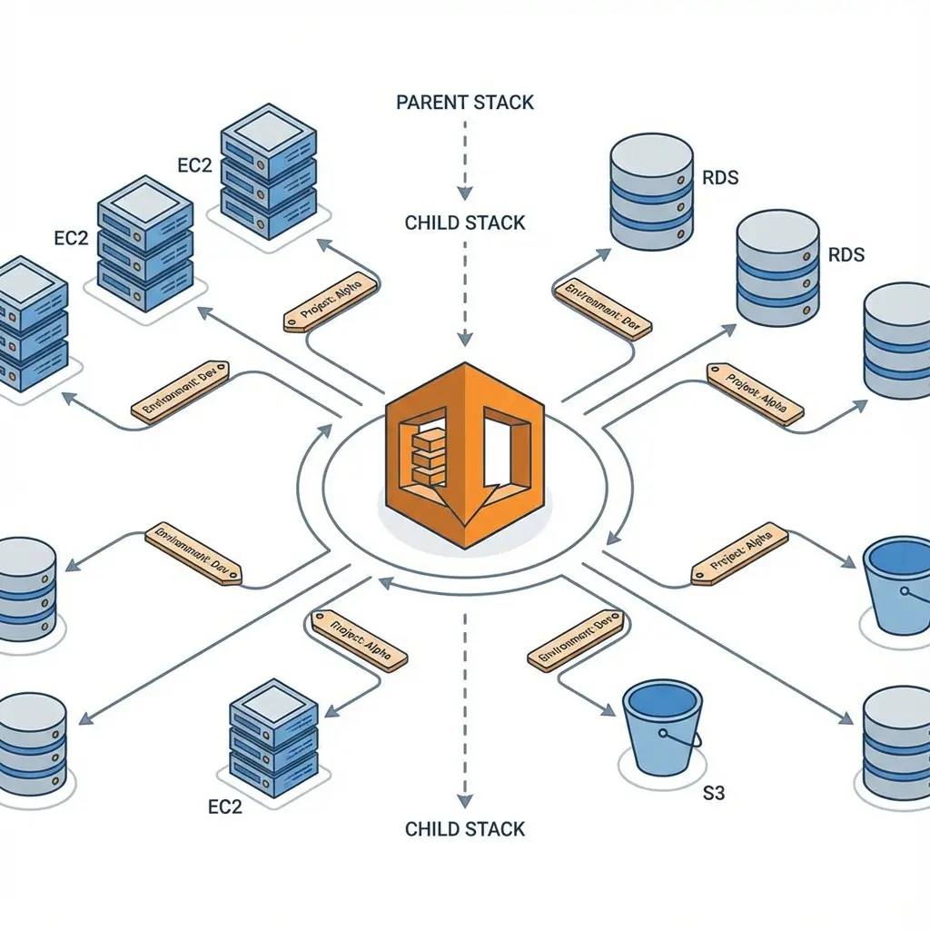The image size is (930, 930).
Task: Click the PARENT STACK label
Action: point(465,102)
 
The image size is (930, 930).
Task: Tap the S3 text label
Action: point(715,794)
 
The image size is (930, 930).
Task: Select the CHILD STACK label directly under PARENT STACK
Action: point(465,223)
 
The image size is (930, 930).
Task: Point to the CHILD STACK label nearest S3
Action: point(465,828)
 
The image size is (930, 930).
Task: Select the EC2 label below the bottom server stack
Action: point(225,806)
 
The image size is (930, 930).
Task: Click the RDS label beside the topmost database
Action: point(720,177)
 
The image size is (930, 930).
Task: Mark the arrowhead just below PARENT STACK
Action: point(465,193)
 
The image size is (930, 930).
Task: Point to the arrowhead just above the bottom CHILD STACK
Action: point(465,800)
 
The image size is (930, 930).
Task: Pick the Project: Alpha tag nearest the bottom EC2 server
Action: point(360,639)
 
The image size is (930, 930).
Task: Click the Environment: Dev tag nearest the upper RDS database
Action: point(601,310)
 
